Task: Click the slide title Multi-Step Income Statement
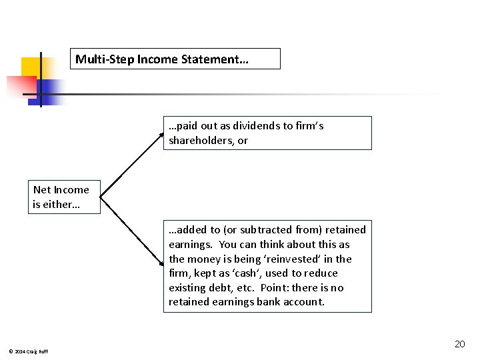click(x=162, y=59)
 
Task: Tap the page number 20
click(x=459, y=344)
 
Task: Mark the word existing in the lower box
click(x=186, y=288)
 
